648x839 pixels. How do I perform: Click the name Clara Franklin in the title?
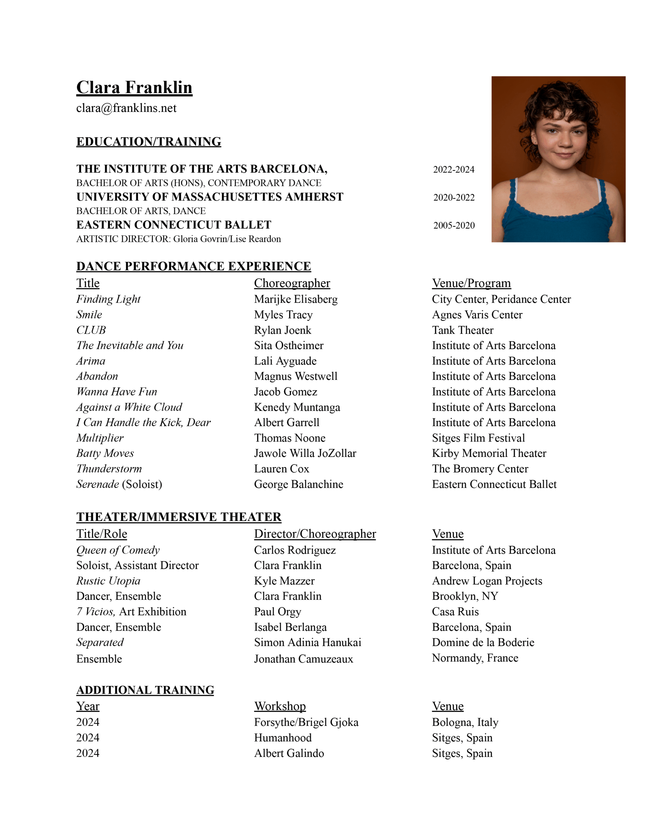134,88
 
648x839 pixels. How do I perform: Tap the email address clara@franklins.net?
126,108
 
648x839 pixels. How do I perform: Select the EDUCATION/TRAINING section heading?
149,142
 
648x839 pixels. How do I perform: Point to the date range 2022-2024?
454,169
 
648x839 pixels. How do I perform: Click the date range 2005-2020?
454,225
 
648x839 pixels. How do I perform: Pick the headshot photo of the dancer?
558,159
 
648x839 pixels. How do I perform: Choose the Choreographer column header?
292,283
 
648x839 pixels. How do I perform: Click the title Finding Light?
108,299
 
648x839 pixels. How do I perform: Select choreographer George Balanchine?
298,484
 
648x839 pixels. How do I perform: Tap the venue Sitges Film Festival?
478,438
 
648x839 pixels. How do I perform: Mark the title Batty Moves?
105,453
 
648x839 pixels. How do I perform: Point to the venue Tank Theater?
463,330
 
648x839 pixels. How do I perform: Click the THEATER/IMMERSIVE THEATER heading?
179,517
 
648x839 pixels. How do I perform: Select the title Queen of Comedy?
118,550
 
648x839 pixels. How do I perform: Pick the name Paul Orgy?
277,612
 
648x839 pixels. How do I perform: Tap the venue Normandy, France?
475,658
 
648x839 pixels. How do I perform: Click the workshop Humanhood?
283,738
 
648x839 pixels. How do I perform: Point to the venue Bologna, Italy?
465,722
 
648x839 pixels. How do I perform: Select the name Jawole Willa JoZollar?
305,453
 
